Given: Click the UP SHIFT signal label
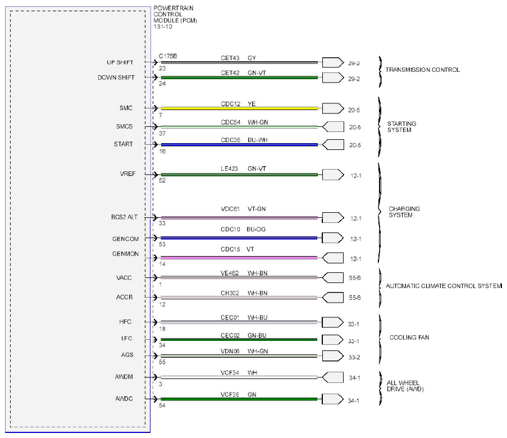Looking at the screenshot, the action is tap(120, 62).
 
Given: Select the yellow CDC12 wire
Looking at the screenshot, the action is tap(239, 108).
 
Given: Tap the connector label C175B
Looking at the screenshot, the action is tap(168, 56).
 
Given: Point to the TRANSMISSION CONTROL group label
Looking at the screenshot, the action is tap(422, 70).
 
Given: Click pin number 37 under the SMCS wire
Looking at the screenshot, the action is tap(162, 133).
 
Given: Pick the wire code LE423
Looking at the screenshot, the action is tap(229, 168).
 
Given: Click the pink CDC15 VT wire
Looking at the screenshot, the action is tap(239, 258).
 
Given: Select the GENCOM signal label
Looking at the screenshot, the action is tap(125, 239).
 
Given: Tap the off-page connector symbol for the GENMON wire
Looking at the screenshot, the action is tap(333, 258).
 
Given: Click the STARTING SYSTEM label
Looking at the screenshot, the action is tap(401, 127).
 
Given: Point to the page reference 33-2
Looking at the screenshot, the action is tap(354, 358).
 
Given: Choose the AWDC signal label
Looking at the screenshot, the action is tap(124, 399).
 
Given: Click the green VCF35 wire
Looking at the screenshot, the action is tap(239, 399).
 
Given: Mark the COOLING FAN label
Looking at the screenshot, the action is tap(409, 337).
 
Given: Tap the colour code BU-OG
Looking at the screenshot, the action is tap(256, 229).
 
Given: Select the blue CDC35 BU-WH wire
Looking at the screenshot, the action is tap(239, 145).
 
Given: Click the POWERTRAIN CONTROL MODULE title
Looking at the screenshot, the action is tap(175, 17).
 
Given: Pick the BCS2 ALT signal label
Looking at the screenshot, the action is tap(125, 217).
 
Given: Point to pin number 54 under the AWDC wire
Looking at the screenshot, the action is tap(162, 405).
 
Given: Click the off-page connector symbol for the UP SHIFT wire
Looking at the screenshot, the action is tap(333, 62).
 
